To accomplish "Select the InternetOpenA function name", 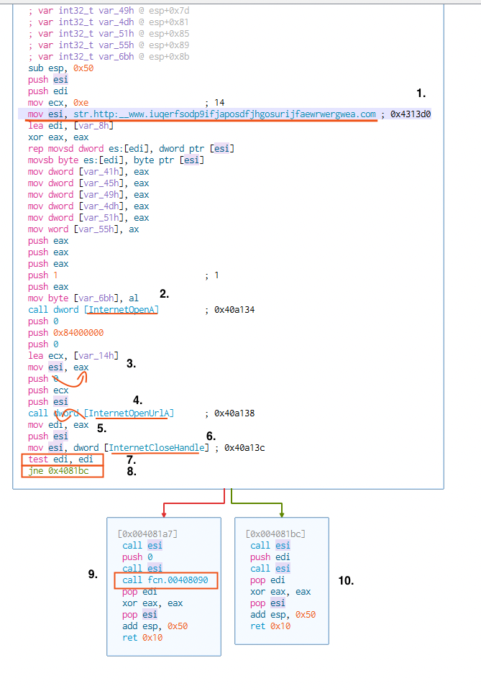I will [x=122, y=310].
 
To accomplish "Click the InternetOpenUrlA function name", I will [x=130, y=413].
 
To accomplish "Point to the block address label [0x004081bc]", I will [x=275, y=534].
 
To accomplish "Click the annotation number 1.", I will [x=421, y=93].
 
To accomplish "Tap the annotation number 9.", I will [x=92, y=574].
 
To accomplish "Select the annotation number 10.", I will [x=346, y=580].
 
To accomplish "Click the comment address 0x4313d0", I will [x=411, y=114].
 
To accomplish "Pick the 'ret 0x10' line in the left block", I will [x=142, y=638].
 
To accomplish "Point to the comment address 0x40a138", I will [x=234, y=413].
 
